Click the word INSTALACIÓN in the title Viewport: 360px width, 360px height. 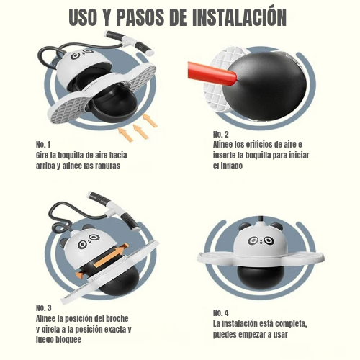[x=240, y=17]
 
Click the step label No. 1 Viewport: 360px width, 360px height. [x=43, y=145]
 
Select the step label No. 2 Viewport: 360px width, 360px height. [x=221, y=134]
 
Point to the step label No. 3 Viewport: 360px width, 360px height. [x=44, y=307]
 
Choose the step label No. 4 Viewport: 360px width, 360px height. [x=221, y=313]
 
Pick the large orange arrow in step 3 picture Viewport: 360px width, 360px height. [x=111, y=256]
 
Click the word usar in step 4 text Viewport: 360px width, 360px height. [x=280, y=335]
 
